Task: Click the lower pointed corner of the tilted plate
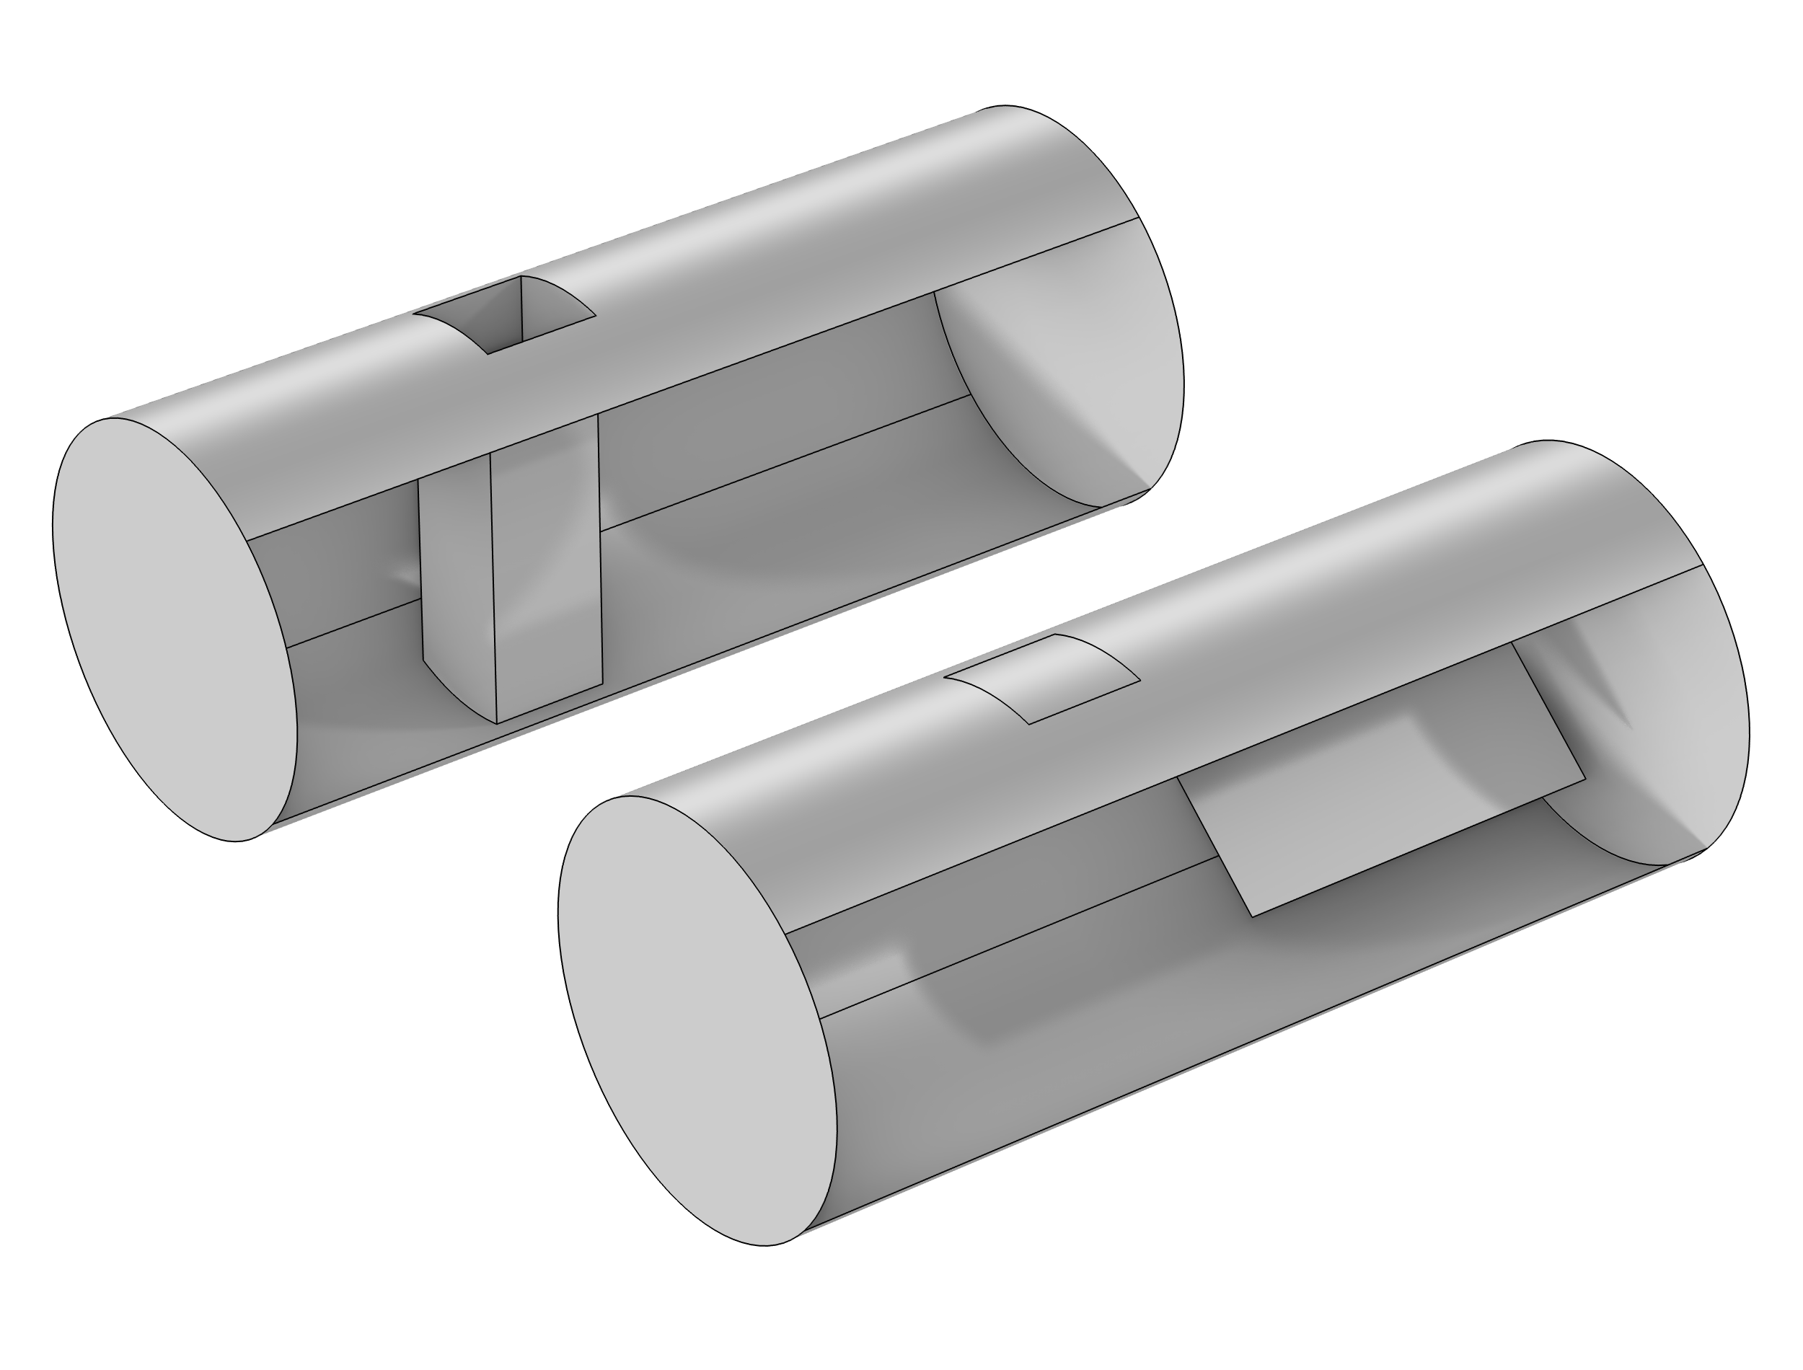coord(1253,915)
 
